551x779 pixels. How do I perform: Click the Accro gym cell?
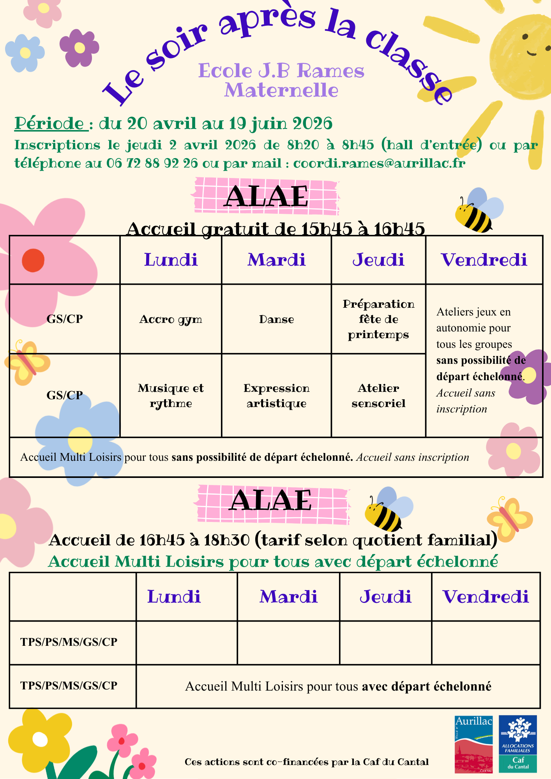(171, 319)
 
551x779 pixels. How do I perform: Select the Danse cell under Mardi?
(276, 319)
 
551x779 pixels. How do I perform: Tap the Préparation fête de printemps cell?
(378, 319)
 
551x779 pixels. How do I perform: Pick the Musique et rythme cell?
(171, 395)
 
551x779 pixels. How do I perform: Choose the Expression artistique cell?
(276, 395)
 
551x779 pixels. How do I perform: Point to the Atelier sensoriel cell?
(378, 395)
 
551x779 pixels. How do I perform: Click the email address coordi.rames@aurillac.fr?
(379, 163)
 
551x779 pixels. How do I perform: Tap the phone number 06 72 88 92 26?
(152, 163)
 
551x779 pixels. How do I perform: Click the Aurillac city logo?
(473, 744)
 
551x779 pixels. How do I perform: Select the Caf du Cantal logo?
(518, 744)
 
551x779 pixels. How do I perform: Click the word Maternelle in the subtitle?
(281, 90)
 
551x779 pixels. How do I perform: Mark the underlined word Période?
(49, 123)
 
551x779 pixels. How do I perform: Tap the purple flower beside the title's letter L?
(79, 48)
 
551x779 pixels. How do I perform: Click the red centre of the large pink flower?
(33, 260)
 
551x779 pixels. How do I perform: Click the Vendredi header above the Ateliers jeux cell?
(484, 260)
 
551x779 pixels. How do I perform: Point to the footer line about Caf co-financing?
(306, 762)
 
